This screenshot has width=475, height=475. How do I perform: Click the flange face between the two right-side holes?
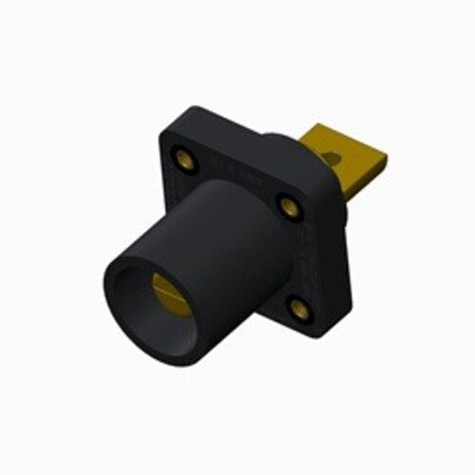[296, 255]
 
